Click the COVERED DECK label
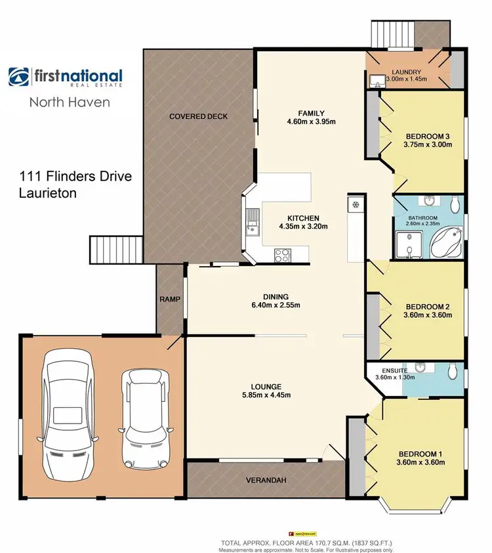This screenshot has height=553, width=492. coord(198,116)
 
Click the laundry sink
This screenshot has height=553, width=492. coord(377,80)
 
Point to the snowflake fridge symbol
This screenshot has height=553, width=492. coord(354,204)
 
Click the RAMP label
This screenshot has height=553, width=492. coord(170,299)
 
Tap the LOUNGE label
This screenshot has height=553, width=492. coord(266,386)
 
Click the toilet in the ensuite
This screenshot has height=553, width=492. coord(452,371)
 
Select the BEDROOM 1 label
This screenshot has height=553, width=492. coord(420,453)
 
